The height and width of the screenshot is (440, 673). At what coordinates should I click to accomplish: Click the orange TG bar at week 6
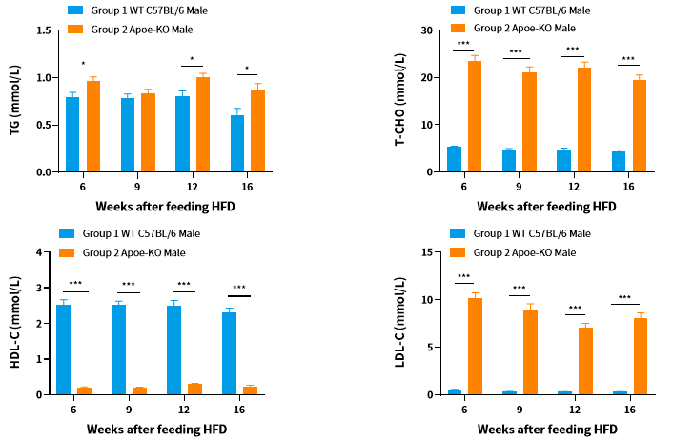(93, 127)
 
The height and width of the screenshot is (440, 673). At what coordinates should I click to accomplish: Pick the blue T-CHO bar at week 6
(454, 159)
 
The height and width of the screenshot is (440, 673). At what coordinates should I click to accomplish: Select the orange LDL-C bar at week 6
(475, 346)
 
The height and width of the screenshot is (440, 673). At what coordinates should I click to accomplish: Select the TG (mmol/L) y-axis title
(16, 100)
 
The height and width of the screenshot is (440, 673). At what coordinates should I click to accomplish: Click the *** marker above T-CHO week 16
(627, 59)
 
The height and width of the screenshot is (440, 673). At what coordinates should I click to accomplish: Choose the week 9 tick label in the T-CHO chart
(520, 188)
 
